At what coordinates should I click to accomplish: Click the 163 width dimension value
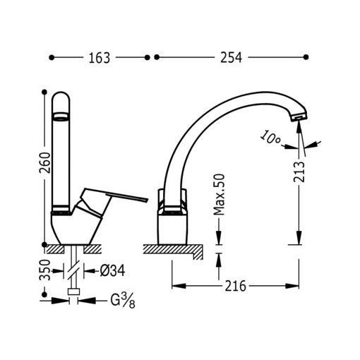(100, 58)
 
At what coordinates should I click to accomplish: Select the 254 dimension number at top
(230, 58)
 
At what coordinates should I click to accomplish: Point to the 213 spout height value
(301, 171)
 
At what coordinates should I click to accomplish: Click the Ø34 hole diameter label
(113, 269)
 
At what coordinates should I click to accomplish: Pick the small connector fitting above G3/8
(73, 291)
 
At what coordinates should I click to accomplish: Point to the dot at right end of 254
(306, 57)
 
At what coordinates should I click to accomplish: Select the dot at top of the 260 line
(44, 91)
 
